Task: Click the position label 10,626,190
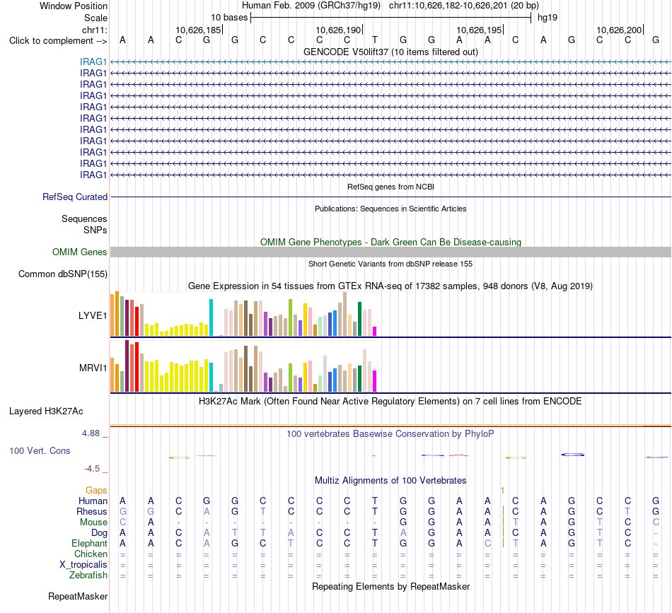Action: (x=338, y=30)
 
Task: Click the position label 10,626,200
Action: (x=619, y=30)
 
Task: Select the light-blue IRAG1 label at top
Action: (x=93, y=62)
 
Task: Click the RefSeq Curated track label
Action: (x=75, y=197)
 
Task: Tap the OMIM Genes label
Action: (x=80, y=252)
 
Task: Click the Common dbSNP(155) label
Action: (x=63, y=274)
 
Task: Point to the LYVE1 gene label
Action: (x=93, y=316)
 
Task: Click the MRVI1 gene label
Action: (x=93, y=368)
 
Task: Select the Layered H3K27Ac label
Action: (x=46, y=411)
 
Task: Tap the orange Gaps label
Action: (x=96, y=490)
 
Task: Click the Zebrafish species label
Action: (x=88, y=575)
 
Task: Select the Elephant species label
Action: (x=90, y=543)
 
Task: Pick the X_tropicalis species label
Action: (x=83, y=564)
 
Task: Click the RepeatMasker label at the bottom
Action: (x=78, y=596)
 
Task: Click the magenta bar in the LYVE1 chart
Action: (x=375, y=331)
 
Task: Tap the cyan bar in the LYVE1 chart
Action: (x=211, y=317)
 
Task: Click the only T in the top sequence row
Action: (x=375, y=40)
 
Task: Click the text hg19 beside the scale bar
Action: (x=548, y=18)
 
